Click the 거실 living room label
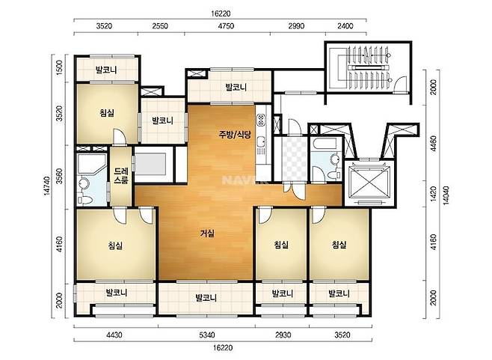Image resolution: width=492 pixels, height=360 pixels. coord(207,234)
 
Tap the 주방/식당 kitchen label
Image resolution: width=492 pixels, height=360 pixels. coord(235,135)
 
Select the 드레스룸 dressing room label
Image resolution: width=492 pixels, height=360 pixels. coord(121,176)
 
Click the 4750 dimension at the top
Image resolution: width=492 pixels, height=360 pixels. coord(226,25)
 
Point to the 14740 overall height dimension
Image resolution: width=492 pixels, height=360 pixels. coord(47,186)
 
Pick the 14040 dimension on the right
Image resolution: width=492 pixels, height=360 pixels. coord(446,195)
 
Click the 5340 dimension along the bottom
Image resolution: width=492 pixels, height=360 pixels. coord(207,335)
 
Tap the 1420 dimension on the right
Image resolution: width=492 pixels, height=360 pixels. coord(434,194)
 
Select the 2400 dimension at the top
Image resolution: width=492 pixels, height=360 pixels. coord(345,25)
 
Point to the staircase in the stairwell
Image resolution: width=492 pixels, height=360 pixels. coord(369,67)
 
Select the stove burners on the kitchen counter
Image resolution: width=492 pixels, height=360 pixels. coord(261,119)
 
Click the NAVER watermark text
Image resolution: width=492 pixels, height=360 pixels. coord(238,180)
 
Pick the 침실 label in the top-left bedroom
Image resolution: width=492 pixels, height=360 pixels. coord(107,113)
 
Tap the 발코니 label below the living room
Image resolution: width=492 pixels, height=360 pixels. coord(206,297)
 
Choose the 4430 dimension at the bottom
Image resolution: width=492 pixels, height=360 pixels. coord(114,335)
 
